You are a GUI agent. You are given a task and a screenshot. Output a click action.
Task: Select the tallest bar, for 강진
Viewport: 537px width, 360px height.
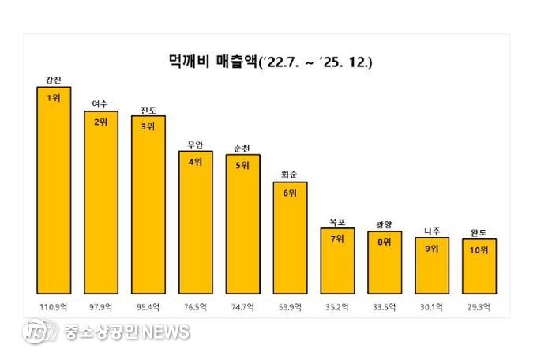[54, 189]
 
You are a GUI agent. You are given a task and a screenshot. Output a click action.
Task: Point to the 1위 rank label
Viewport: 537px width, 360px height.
[54, 97]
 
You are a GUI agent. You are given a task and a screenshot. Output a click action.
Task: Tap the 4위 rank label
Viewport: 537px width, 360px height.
[195, 162]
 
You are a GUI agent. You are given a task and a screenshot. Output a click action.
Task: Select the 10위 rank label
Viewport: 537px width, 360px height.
[479, 250]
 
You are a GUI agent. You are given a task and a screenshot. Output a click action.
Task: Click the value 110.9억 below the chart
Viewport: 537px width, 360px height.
[54, 306]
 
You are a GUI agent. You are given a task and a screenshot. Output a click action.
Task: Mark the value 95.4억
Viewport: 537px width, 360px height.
[148, 306]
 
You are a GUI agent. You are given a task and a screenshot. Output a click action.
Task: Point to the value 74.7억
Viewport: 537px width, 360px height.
[242, 306]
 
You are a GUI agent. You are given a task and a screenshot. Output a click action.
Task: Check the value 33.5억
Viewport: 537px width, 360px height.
[385, 306]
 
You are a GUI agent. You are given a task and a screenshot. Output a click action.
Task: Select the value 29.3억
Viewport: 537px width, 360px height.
[479, 306]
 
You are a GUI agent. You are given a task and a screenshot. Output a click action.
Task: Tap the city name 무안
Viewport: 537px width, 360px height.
[195, 144]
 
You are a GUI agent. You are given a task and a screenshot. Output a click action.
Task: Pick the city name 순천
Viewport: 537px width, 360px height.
[242, 148]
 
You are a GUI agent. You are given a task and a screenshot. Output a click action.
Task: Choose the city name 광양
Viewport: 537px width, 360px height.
[385, 224]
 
